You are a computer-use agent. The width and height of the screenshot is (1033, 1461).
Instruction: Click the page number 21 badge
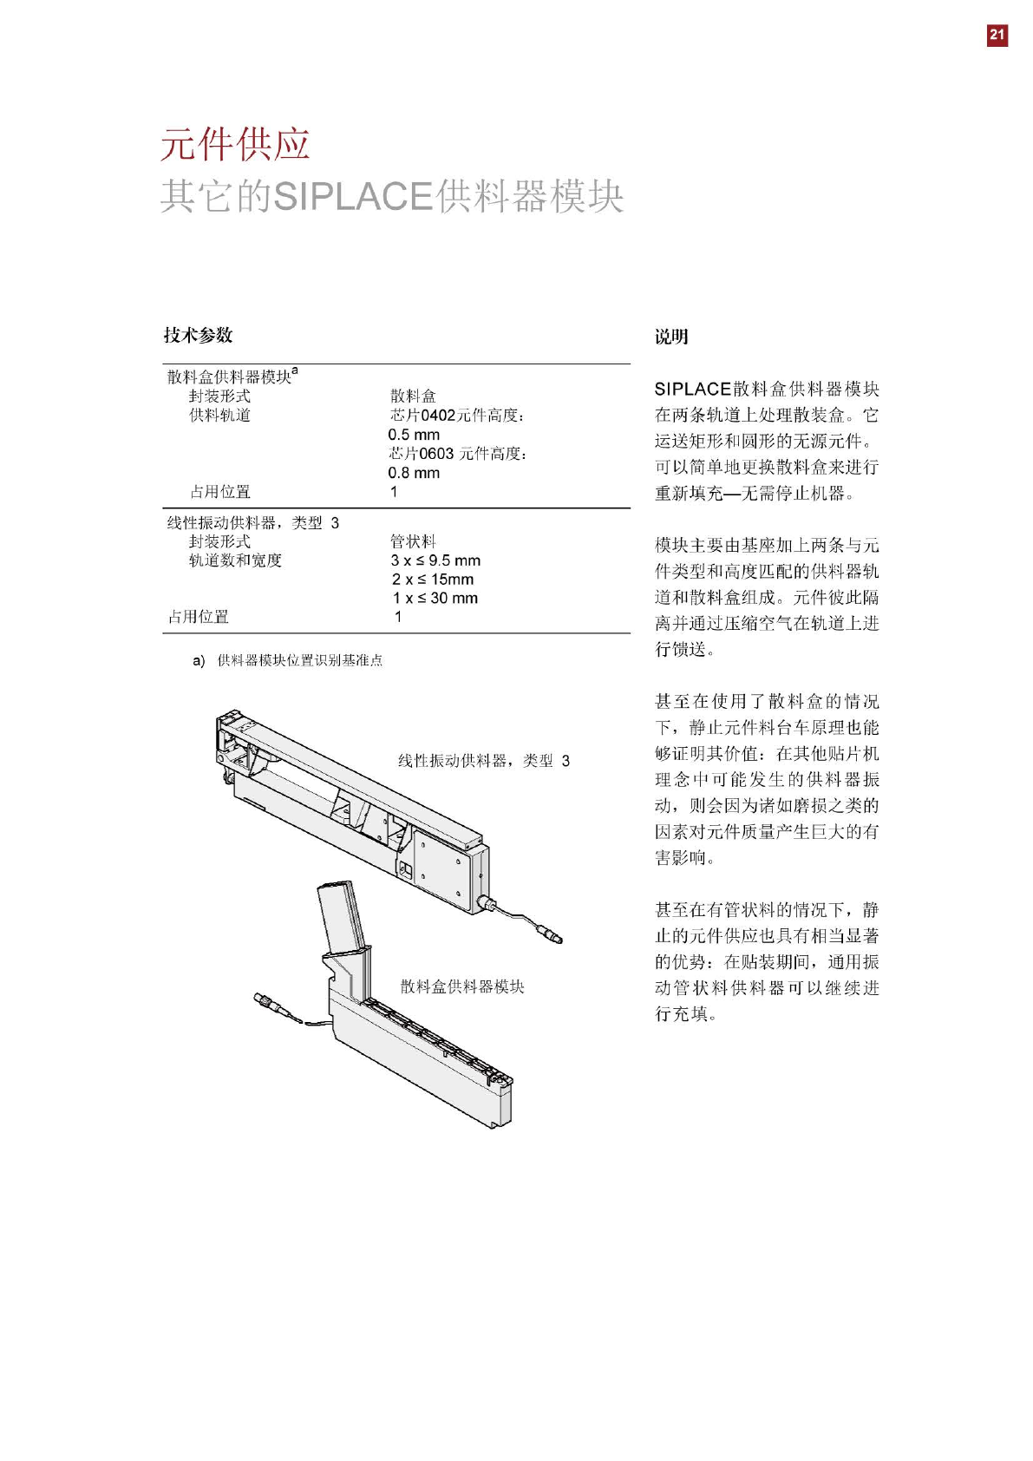[997, 35]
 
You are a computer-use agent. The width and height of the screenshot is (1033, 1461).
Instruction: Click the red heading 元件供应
[235, 144]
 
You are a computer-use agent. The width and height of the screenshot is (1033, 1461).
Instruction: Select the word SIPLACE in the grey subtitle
[353, 197]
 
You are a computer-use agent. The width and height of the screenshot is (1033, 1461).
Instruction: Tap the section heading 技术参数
[199, 336]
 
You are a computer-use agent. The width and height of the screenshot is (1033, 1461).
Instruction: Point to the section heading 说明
[671, 337]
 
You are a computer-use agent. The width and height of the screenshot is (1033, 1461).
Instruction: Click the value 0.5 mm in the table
[414, 435]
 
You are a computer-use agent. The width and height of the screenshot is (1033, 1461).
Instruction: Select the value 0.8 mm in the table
[414, 473]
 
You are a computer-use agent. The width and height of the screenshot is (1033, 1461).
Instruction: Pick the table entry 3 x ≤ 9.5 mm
[435, 560]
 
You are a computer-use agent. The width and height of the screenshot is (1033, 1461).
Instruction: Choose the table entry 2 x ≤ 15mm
[433, 580]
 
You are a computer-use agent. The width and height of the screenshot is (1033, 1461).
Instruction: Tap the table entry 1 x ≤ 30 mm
[435, 599]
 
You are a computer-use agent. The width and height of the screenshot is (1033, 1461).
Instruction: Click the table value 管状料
[413, 541]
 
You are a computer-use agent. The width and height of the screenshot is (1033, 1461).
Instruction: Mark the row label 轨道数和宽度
[235, 560]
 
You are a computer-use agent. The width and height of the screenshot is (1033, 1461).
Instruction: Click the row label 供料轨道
[219, 416]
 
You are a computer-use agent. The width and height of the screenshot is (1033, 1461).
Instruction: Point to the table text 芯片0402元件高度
[456, 416]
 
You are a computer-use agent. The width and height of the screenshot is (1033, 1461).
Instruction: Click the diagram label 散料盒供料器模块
[462, 986]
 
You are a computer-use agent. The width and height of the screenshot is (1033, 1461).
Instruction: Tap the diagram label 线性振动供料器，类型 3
[484, 761]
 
